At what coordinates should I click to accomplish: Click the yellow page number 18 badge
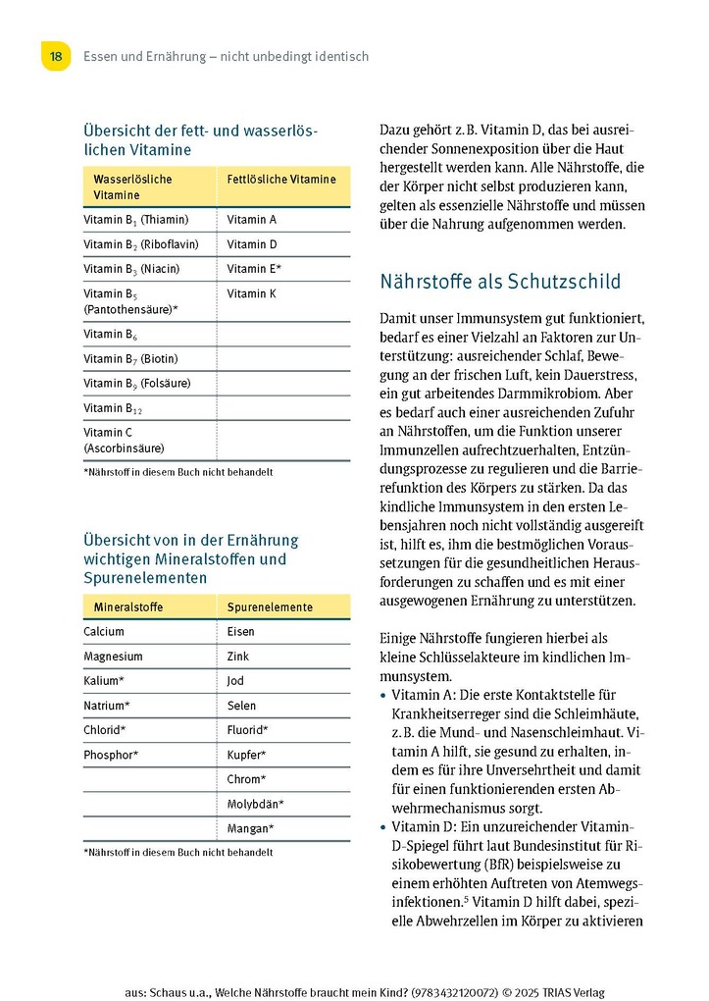[56, 56]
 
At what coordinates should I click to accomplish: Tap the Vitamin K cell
[252, 293]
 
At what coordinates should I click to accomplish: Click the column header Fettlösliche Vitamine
[281, 180]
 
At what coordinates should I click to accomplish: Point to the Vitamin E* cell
[255, 269]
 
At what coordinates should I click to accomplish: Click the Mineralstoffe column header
[128, 607]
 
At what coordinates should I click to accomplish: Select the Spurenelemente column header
[270, 607]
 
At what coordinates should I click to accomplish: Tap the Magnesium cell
[113, 657]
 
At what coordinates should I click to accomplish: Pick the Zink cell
[238, 657]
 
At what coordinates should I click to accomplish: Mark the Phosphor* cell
[111, 755]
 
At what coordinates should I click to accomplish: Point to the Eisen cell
[241, 632]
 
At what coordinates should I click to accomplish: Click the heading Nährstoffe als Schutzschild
[500, 283]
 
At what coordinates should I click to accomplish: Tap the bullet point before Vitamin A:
[382, 696]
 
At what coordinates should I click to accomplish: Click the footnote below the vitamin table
[178, 472]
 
